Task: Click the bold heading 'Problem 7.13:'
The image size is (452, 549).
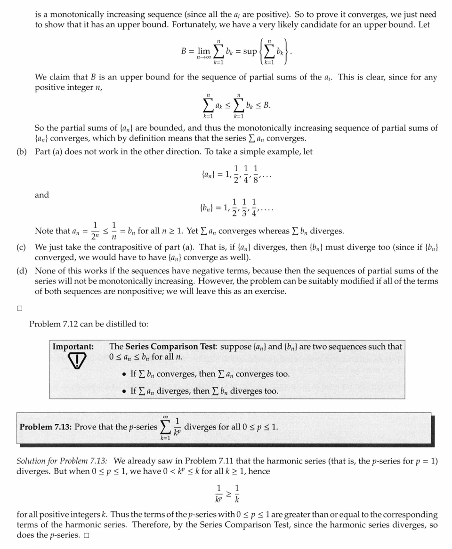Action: [x=46, y=427]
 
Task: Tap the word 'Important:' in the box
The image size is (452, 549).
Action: [x=73, y=347]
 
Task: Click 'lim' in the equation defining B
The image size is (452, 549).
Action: [x=204, y=51]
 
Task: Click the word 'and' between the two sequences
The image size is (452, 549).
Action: [x=42, y=195]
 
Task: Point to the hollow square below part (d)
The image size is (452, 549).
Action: [x=19, y=309]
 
